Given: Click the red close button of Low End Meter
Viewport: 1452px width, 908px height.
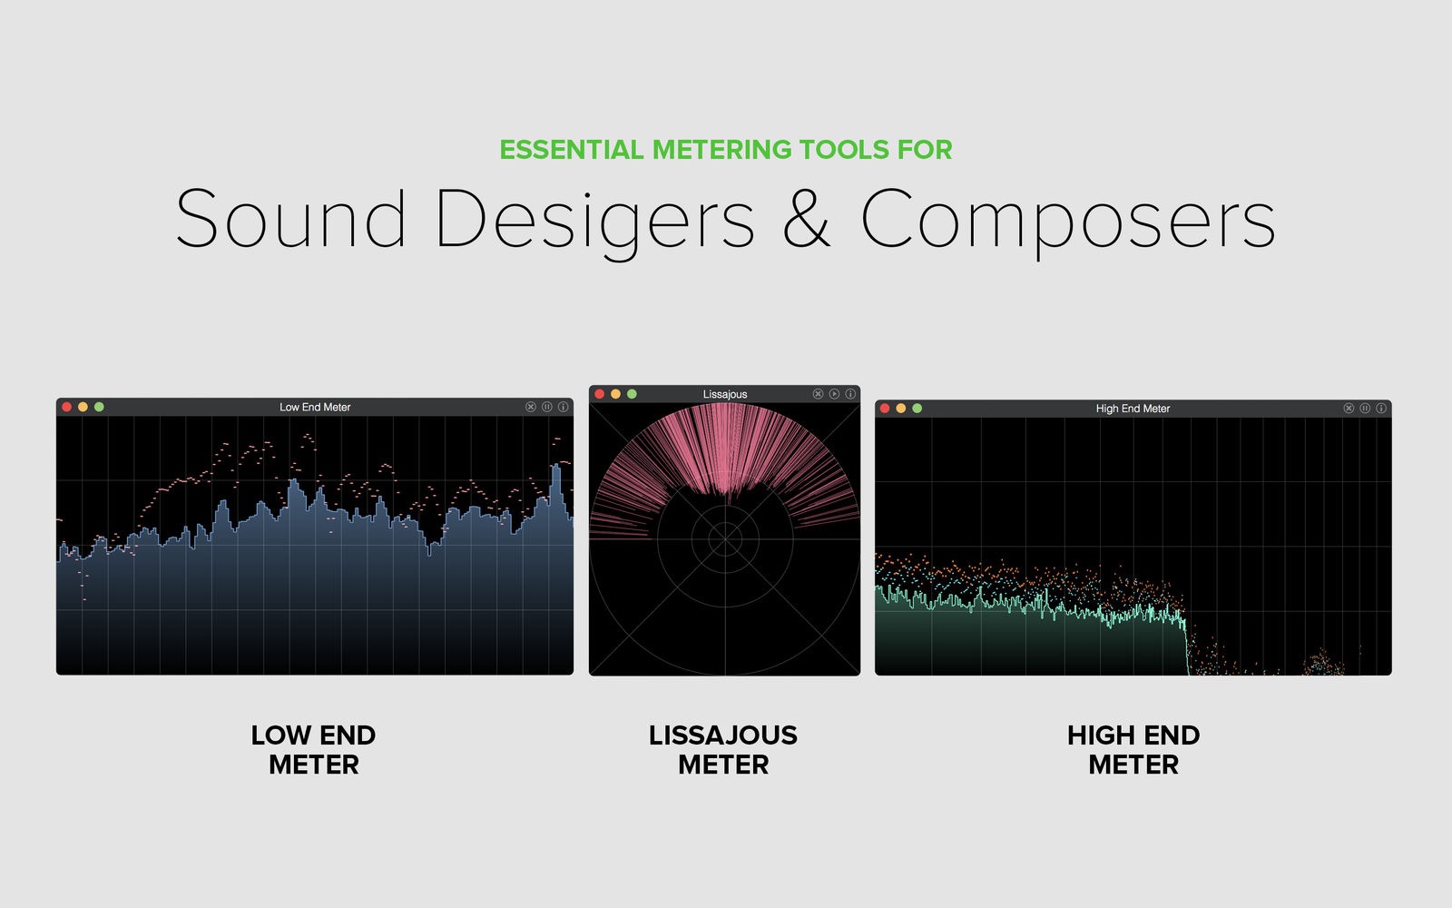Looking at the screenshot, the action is (x=66, y=407).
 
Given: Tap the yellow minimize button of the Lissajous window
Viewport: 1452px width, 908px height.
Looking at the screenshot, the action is (x=616, y=394).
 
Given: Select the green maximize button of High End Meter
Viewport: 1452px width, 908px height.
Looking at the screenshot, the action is (x=917, y=408).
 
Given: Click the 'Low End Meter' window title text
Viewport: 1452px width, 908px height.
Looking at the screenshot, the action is (x=315, y=408).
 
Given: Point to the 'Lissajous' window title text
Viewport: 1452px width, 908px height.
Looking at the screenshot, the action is (x=725, y=394).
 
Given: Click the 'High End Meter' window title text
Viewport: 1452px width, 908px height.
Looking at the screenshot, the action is (x=1133, y=409).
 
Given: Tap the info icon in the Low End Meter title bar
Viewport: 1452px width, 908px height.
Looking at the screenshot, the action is (x=564, y=407).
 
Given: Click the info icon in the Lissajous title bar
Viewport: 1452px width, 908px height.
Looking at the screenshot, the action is (x=850, y=394).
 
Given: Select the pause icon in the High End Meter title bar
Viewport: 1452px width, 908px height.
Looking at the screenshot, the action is (x=1365, y=408).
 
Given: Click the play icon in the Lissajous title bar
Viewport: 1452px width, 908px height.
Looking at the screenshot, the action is (x=834, y=394).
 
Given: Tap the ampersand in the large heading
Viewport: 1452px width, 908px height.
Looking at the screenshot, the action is (x=807, y=218).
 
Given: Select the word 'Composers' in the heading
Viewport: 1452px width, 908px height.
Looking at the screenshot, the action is (x=1068, y=222).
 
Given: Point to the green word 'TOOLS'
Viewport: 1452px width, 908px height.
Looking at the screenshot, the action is (x=845, y=150).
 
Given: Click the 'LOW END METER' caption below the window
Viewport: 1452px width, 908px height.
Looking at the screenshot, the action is (x=314, y=750).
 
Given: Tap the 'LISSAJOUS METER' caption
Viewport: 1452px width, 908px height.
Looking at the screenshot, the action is (x=723, y=750).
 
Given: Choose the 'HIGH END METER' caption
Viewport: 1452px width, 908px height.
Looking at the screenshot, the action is (x=1133, y=750).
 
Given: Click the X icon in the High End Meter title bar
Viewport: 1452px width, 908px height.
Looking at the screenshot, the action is (x=1349, y=408).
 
